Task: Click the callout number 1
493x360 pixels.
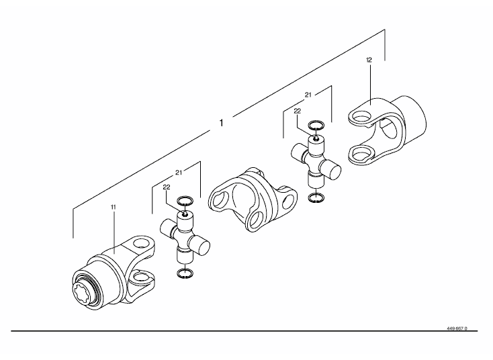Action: click(222, 123)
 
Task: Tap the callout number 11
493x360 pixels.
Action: click(114, 207)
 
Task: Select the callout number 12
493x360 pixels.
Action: click(369, 60)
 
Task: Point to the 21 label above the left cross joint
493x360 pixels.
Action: click(179, 173)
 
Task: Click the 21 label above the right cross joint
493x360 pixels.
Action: click(308, 95)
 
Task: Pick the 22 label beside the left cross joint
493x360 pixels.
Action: click(167, 187)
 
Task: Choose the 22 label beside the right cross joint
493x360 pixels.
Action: click(297, 111)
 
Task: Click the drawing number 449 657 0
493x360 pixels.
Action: click(457, 328)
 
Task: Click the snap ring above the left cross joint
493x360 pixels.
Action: click(185, 201)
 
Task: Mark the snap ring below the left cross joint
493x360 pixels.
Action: click(185, 273)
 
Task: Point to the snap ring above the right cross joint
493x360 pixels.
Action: click(316, 125)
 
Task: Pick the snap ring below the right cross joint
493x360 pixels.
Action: click(316, 198)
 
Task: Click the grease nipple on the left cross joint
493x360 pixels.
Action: click(185, 214)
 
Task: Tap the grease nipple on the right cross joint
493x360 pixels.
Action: click(316, 137)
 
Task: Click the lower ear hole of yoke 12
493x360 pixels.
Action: click(361, 153)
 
